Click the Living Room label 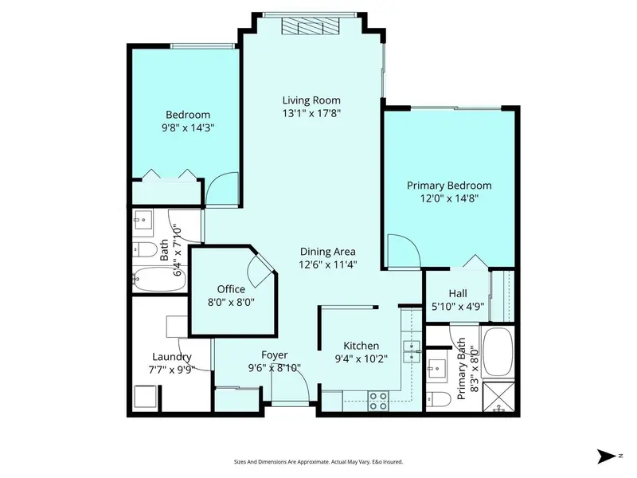coord(311,100)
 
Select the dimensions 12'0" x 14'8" coord(449,199)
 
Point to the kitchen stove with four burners coord(377,402)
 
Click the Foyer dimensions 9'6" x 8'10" coord(275,368)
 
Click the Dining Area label coord(327,252)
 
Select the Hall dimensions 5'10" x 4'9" coord(458,306)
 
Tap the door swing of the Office coord(260,269)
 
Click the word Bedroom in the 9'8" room coord(187,114)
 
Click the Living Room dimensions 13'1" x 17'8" coord(311,114)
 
